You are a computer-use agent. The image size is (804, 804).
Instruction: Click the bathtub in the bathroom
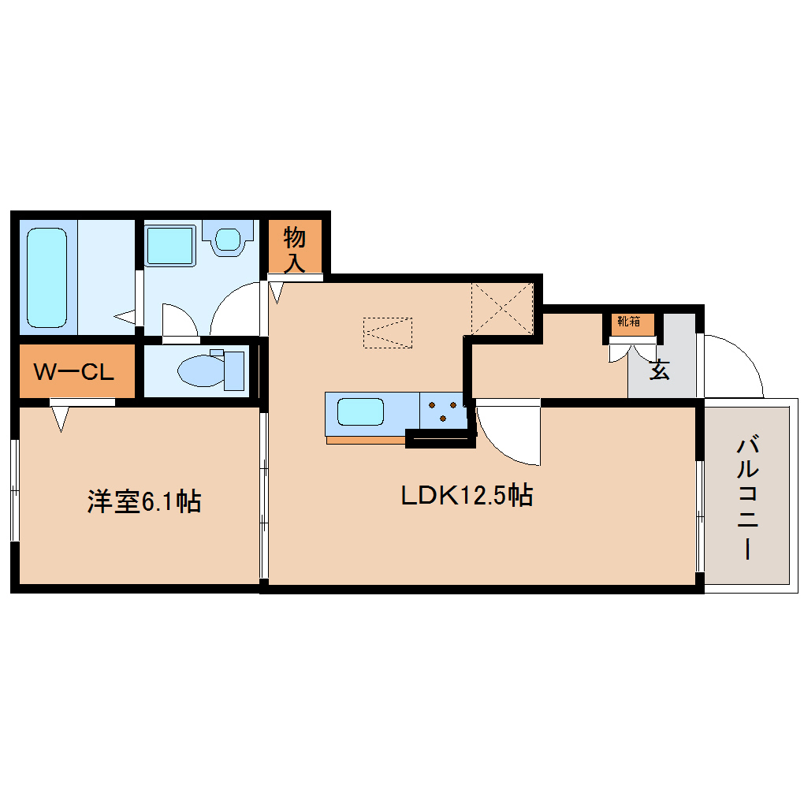tap(47, 277)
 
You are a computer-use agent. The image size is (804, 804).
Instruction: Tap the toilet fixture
tap(210, 369)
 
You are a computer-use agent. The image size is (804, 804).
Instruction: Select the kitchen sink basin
tap(360, 412)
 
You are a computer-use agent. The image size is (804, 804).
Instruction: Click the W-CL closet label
tap(76, 371)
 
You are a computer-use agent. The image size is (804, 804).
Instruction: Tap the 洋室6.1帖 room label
tap(143, 501)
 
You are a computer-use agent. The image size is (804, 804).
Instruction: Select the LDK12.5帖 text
tap(467, 496)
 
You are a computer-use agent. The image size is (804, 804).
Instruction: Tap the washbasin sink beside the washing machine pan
tap(229, 237)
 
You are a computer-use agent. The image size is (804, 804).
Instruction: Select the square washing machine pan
tap(170, 245)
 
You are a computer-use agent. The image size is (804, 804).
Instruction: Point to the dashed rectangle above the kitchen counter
tap(387, 332)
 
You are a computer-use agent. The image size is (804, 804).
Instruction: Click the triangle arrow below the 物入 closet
tap(276, 292)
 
